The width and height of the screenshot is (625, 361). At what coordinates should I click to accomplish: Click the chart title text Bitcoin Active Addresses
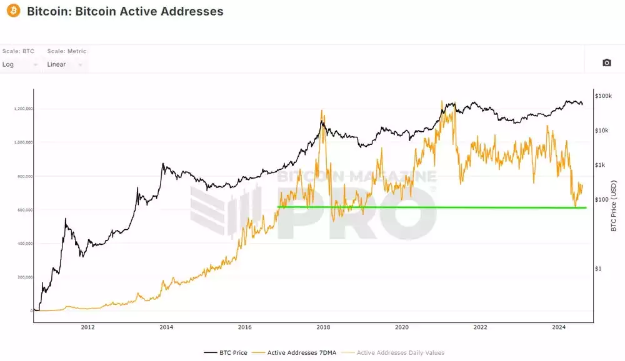pos(125,11)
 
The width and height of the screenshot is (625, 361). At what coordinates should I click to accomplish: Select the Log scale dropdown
pos(19,64)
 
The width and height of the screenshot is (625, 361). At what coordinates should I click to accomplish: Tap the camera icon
pos(606,62)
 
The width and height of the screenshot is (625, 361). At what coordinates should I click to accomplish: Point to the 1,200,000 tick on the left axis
pos(22,109)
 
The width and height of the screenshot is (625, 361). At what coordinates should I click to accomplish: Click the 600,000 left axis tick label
pos(24,210)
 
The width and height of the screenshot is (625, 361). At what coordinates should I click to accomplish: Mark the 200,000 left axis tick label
pos(24,277)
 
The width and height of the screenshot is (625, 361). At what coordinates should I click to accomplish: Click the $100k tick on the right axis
pos(603,96)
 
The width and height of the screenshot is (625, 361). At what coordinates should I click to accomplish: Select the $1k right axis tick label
pos(601,165)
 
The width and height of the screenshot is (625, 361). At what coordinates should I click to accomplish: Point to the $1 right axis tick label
pos(599,269)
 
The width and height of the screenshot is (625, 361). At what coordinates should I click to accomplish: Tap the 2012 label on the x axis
pos(87,327)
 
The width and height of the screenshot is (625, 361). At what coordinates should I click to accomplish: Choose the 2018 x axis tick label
pos(323,327)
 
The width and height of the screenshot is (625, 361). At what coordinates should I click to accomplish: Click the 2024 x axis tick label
pos(559,327)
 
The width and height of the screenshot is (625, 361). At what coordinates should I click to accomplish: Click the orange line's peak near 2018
pos(322,111)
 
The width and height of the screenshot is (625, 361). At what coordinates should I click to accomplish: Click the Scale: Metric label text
pos(67,51)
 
